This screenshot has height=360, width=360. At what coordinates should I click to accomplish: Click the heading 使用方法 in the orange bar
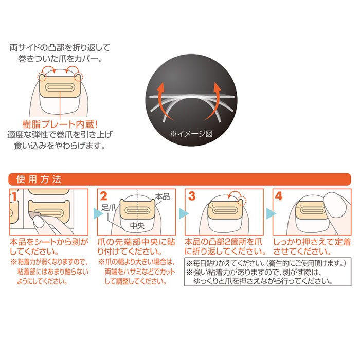pos(39,179)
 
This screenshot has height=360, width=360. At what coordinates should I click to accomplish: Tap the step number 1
pos(14,197)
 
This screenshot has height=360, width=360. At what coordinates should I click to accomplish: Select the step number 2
pos(103,196)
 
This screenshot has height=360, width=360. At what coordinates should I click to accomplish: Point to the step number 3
pos(192,196)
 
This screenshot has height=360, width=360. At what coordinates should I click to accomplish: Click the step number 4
pos(279,196)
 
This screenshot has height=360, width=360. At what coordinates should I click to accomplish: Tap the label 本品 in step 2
pos(163,196)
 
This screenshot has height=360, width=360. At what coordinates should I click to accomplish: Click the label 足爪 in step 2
pos(109,208)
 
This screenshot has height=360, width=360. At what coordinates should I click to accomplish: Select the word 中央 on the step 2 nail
pos(137,226)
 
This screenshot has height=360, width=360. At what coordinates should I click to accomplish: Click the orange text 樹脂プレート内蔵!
pos(60,124)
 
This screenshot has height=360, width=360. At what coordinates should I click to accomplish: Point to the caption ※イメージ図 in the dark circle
pos(191,134)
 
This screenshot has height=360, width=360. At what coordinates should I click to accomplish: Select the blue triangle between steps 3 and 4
pos(271,213)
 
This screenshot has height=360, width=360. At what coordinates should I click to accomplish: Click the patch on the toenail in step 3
pos(225,209)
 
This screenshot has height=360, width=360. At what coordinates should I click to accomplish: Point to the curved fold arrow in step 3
pos(233,193)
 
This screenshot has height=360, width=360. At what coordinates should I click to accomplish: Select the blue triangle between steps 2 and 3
pos(184,213)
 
